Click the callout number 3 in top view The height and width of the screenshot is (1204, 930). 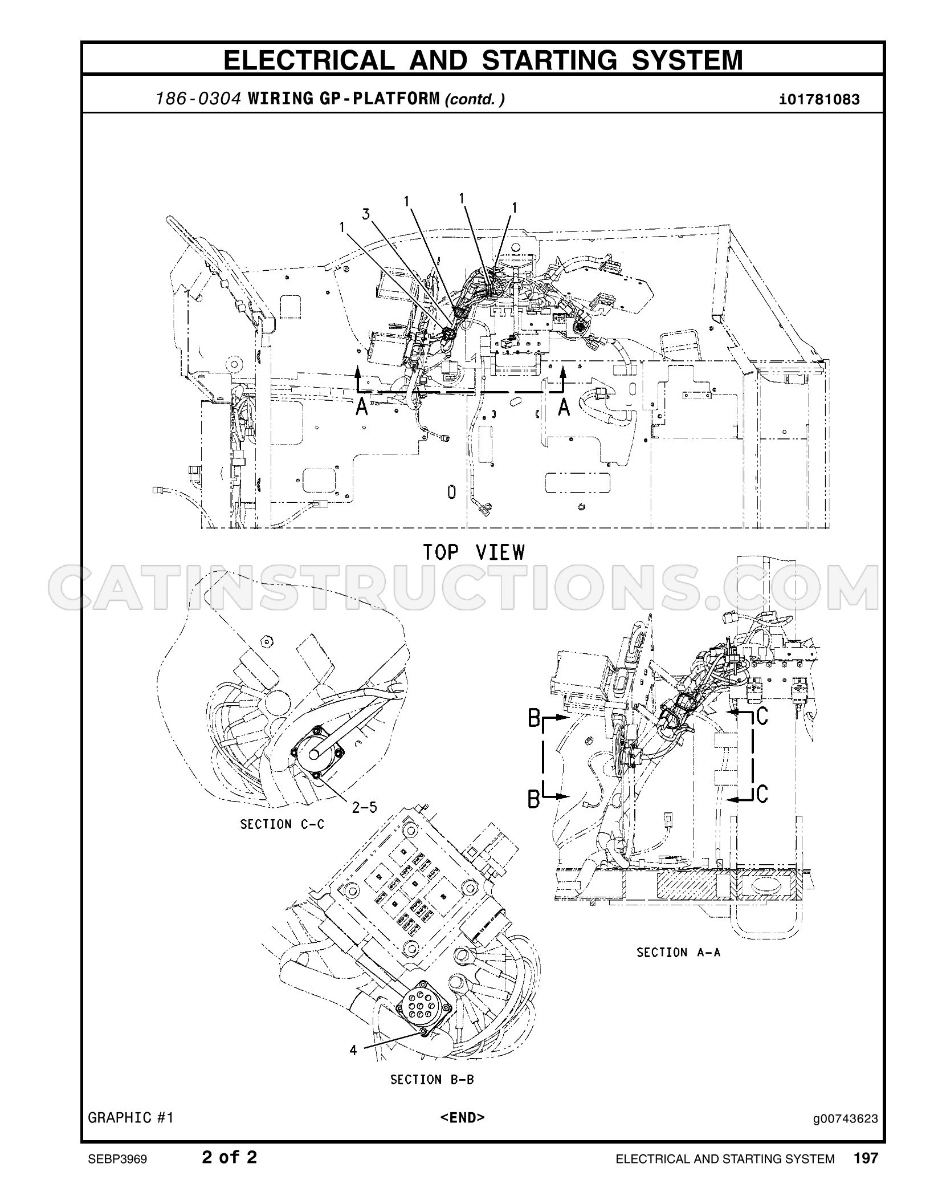(366, 215)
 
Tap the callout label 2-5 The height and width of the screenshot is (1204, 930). (364, 807)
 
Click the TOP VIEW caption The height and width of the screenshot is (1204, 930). (474, 552)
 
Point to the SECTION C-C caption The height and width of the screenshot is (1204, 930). (282, 824)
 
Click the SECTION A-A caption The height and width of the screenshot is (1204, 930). (679, 953)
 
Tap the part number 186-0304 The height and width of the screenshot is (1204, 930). (200, 99)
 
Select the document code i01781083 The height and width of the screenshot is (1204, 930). (819, 100)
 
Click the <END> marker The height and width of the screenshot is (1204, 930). (462, 1133)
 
